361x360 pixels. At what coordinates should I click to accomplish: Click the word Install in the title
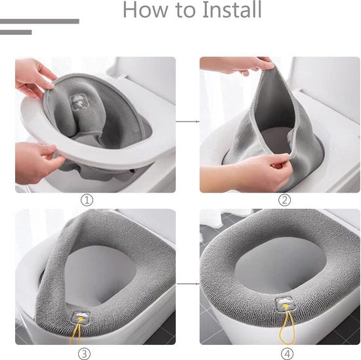[232, 10]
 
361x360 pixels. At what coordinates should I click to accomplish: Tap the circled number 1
[87, 200]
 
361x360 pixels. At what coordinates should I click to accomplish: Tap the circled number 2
[285, 200]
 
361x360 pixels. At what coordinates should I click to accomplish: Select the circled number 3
[84, 353]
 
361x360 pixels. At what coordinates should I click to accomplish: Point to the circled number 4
[287, 353]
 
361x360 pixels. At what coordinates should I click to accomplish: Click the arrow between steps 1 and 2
[188, 122]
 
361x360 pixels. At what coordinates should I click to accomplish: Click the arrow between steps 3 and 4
[188, 284]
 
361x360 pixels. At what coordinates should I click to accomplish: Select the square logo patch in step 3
[81, 318]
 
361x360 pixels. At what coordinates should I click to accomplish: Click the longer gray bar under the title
[39, 22]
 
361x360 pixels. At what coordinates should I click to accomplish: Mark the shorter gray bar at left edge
[16, 32]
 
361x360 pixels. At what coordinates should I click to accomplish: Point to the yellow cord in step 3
[75, 334]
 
